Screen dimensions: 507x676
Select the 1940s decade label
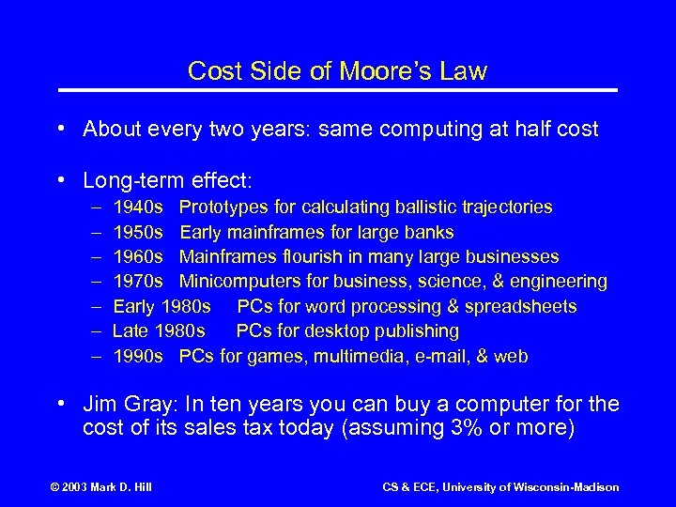pos(139,206)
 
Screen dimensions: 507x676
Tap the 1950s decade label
pos(139,231)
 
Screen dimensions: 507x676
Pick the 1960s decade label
pos(139,256)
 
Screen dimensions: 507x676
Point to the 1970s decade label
pos(139,282)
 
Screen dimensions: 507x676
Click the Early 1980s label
pos(162,306)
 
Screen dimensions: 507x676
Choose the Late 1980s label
pos(159,331)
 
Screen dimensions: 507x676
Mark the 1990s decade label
pos(139,357)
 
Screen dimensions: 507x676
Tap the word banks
pos(432,231)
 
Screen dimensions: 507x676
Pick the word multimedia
pos(362,357)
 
